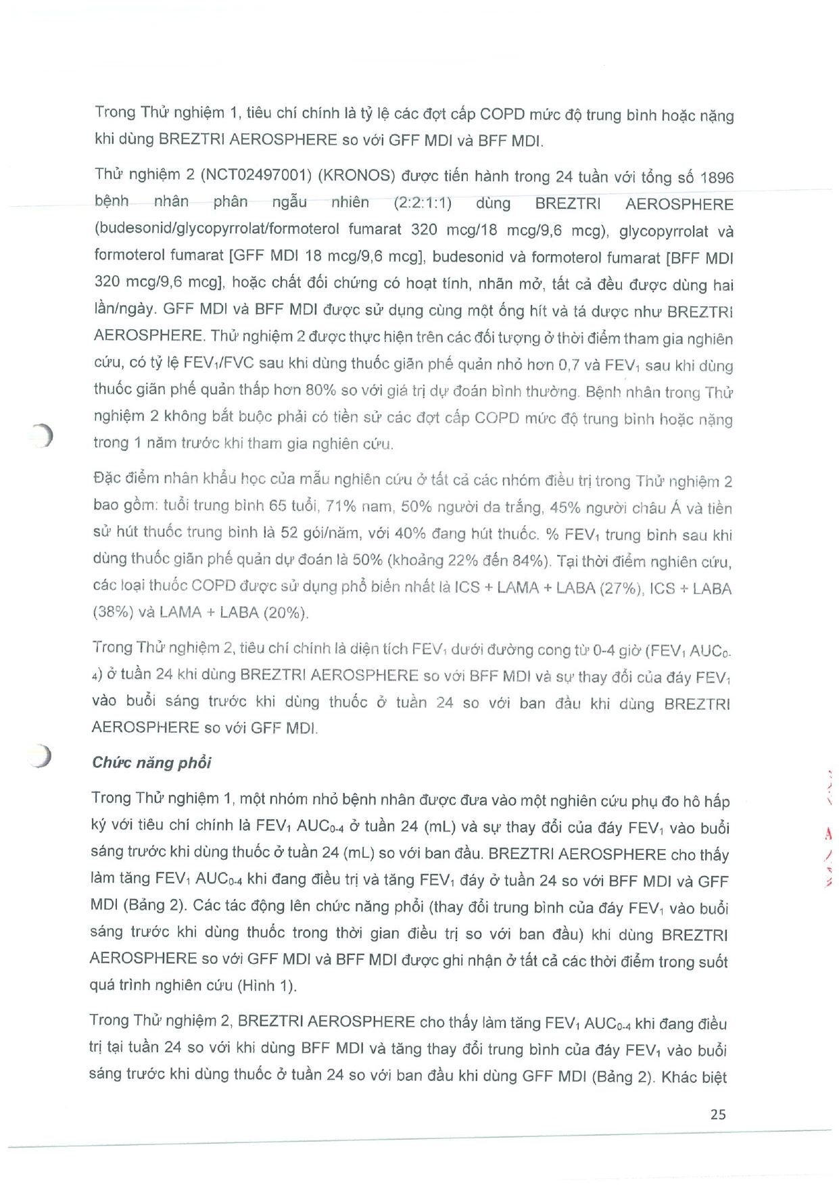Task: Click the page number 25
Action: tap(718, 1114)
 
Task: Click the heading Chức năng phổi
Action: tap(151, 762)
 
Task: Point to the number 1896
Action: tap(717, 177)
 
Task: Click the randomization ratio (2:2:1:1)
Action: tap(423, 203)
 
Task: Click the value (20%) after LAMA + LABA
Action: tap(287, 613)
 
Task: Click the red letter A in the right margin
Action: tap(828, 833)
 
